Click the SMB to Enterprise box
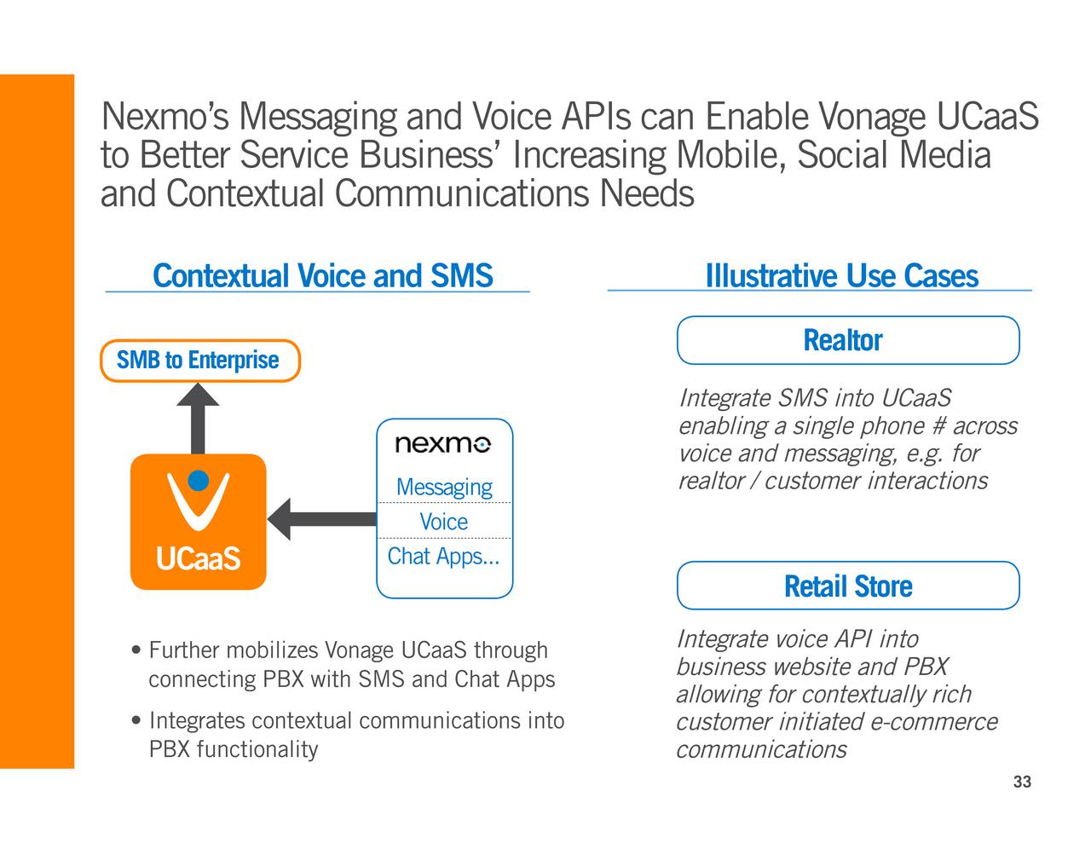click(199, 361)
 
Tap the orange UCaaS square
click(198, 522)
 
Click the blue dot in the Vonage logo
click(199, 480)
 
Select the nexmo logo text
click(443, 444)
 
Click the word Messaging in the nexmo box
click(444, 487)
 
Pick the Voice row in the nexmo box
click(444, 521)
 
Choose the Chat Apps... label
click(443, 557)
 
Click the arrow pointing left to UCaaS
click(322, 519)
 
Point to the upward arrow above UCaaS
click(198, 419)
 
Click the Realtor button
click(848, 340)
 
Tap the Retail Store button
click(848, 586)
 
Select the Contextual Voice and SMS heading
click(323, 275)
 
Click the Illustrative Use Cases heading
click(842, 275)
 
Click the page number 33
click(1022, 782)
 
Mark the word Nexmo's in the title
click(165, 117)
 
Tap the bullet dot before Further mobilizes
click(136, 650)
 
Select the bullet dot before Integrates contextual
click(136, 720)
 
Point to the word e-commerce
click(934, 722)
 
